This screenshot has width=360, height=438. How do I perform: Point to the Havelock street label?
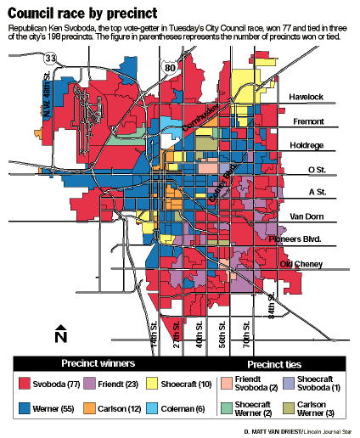[x=308, y=98]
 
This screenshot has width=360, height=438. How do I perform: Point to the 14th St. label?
[x=154, y=335]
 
